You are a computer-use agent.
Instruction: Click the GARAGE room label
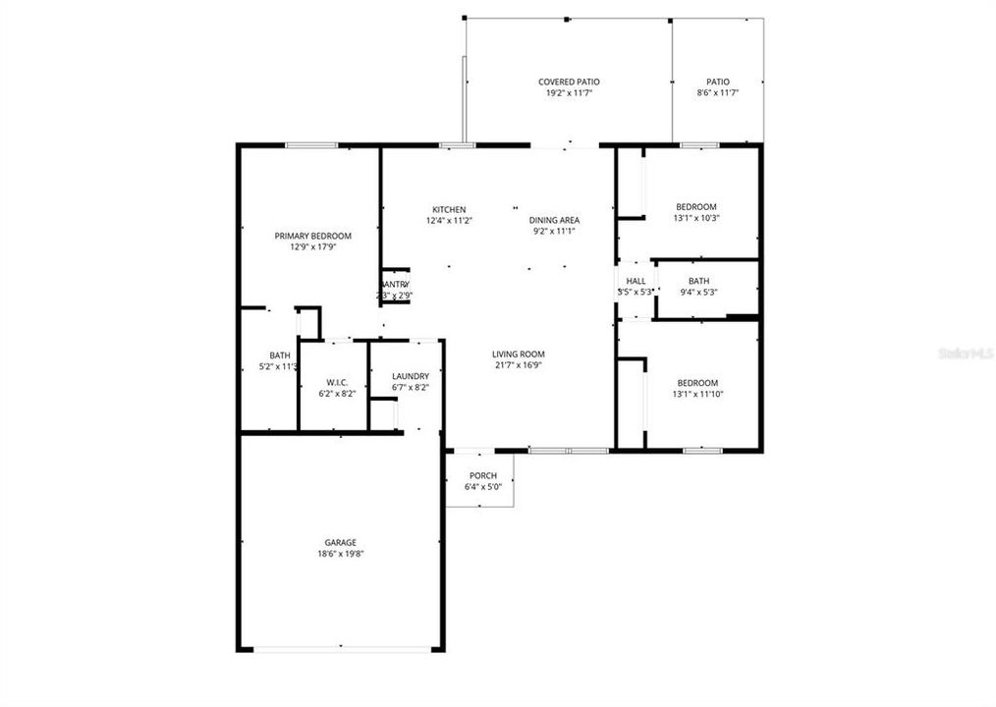[x=341, y=542]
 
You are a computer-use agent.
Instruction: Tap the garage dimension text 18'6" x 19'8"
[x=341, y=554]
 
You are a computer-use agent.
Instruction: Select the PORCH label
[x=482, y=476]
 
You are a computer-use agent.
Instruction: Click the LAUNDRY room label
[x=410, y=376]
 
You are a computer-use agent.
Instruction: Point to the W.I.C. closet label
[x=337, y=382]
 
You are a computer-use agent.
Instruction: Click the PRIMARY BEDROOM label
[x=312, y=236]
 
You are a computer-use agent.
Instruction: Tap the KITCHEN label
[x=449, y=209]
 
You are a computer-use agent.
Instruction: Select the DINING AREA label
[x=554, y=220]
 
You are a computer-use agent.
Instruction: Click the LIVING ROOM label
[x=518, y=354]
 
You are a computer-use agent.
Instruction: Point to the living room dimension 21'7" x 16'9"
[x=518, y=365]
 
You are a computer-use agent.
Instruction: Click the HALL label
[x=636, y=281]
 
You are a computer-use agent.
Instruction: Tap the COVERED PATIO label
[x=569, y=82]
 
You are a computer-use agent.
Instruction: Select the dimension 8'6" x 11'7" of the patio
[x=717, y=93]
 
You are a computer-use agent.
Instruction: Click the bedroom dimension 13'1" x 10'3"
[x=695, y=218]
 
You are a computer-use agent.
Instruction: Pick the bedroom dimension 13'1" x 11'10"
[x=696, y=395]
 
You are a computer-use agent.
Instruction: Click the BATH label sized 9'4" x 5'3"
[x=698, y=281]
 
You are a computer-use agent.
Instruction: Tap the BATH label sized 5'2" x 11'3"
[x=280, y=355]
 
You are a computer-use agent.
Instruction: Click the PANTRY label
[x=394, y=284]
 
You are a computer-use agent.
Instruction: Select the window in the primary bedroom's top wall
[x=311, y=145]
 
